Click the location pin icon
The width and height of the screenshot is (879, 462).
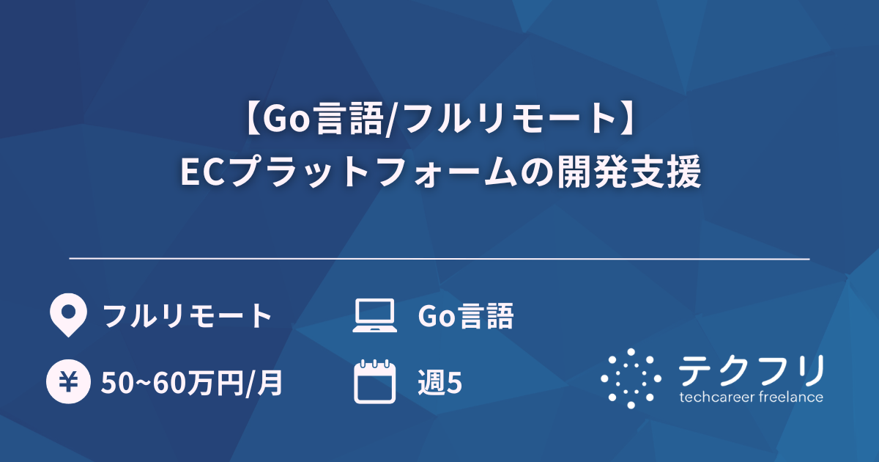click(x=67, y=315)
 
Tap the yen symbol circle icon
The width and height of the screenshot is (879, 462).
click(x=67, y=382)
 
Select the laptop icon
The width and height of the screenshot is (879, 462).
click(x=374, y=316)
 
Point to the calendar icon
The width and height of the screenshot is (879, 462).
click(x=374, y=382)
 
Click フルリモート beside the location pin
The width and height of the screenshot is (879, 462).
click(x=188, y=317)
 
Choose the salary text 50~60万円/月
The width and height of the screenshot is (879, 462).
click(x=192, y=383)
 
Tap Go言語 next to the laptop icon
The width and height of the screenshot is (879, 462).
click(x=465, y=317)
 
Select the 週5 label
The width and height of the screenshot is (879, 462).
click(x=439, y=383)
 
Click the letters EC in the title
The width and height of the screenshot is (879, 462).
click(x=204, y=175)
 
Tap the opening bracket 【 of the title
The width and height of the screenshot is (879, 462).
click(x=249, y=119)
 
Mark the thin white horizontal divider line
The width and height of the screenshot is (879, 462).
click(x=439, y=259)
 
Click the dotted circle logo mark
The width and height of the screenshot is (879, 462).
click(x=631, y=378)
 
